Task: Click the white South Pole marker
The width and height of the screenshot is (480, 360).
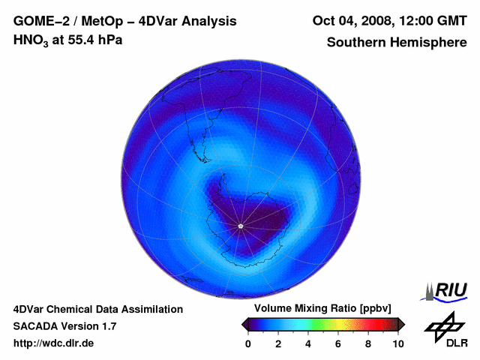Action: [240, 226]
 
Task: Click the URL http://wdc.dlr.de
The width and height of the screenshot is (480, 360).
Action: [54, 343]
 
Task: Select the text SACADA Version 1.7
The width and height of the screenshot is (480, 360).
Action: [65, 326]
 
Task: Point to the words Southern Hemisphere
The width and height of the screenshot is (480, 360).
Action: [397, 42]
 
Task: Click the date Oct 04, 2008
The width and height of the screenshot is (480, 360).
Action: [349, 21]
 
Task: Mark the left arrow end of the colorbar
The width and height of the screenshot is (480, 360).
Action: [244, 324]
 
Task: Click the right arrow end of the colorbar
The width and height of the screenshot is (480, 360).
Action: [402, 324]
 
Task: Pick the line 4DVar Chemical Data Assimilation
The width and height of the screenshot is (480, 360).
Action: [98, 309]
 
